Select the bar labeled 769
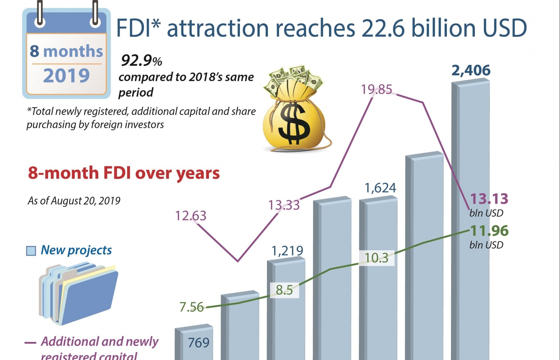click(194, 344)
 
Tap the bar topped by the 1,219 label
click(286, 309)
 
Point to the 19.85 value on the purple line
click(376, 90)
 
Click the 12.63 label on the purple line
click(190, 216)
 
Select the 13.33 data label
click(284, 205)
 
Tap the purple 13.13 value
click(489, 199)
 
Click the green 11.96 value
click(489, 231)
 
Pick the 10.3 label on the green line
click(377, 258)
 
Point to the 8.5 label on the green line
click(284, 290)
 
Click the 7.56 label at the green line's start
click(191, 307)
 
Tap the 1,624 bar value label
click(380, 188)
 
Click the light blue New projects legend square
click(31, 251)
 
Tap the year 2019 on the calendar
click(66, 76)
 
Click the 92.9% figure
click(141, 61)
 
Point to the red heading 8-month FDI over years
click(124, 173)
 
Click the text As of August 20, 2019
click(74, 201)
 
